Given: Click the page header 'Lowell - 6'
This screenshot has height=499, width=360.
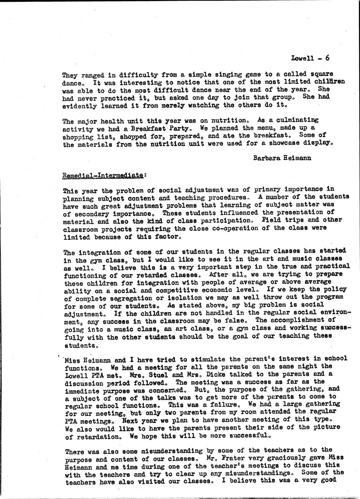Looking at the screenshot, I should (310, 58).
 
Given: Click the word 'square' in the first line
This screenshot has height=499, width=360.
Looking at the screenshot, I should (321, 74).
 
